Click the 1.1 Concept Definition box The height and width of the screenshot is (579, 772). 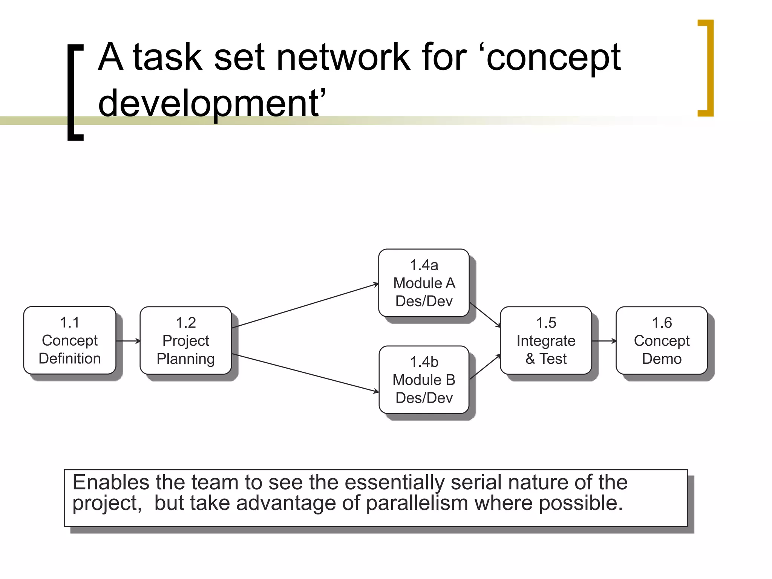[x=70, y=340]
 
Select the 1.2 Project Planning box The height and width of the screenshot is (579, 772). [x=185, y=340]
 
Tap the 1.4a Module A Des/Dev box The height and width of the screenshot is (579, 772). [x=424, y=283]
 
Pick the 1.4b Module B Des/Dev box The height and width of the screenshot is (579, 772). [x=424, y=380]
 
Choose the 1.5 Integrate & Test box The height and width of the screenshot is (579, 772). [x=546, y=340]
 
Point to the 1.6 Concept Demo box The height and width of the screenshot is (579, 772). [x=662, y=340]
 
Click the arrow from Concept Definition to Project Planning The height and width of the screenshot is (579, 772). [x=128, y=341]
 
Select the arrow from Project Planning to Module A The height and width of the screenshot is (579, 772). [x=305, y=306]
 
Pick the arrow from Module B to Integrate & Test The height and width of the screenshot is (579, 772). [x=485, y=367]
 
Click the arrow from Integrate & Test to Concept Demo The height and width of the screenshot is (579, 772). [x=604, y=341]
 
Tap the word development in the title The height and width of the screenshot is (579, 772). [x=209, y=103]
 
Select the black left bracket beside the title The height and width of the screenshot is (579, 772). [x=75, y=92]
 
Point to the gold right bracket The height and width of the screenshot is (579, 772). [x=706, y=68]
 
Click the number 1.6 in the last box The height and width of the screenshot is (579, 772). [x=662, y=323]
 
